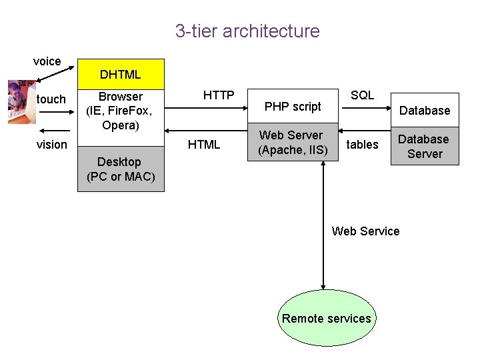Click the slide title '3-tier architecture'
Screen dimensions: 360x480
click(x=247, y=31)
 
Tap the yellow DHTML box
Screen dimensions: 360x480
click(x=121, y=74)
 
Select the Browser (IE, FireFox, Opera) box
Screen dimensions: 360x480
click(x=121, y=111)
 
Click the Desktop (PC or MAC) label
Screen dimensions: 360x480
click(x=121, y=169)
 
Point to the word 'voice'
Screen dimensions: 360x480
click(x=47, y=61)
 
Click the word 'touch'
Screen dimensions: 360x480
click(x=51, y=99)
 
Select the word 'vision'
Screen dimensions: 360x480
click(x=51, y=144)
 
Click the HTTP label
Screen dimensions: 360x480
click(x=218, y=95)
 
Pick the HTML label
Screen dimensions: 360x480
click(x=204, y=145)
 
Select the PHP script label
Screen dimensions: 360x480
click(x=293, y=106)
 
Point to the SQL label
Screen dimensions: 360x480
click(x=362, y=95)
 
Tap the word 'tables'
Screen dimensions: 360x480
click(x=363, y=145)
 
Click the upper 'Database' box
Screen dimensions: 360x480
click(x=425, y=110)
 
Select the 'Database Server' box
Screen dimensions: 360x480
click(x=425, y=147)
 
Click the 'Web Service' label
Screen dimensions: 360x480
click(x=365, y=231)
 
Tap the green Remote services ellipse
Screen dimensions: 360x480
click(x=326, y=318)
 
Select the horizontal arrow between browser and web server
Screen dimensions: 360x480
click(x=207, y=129)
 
